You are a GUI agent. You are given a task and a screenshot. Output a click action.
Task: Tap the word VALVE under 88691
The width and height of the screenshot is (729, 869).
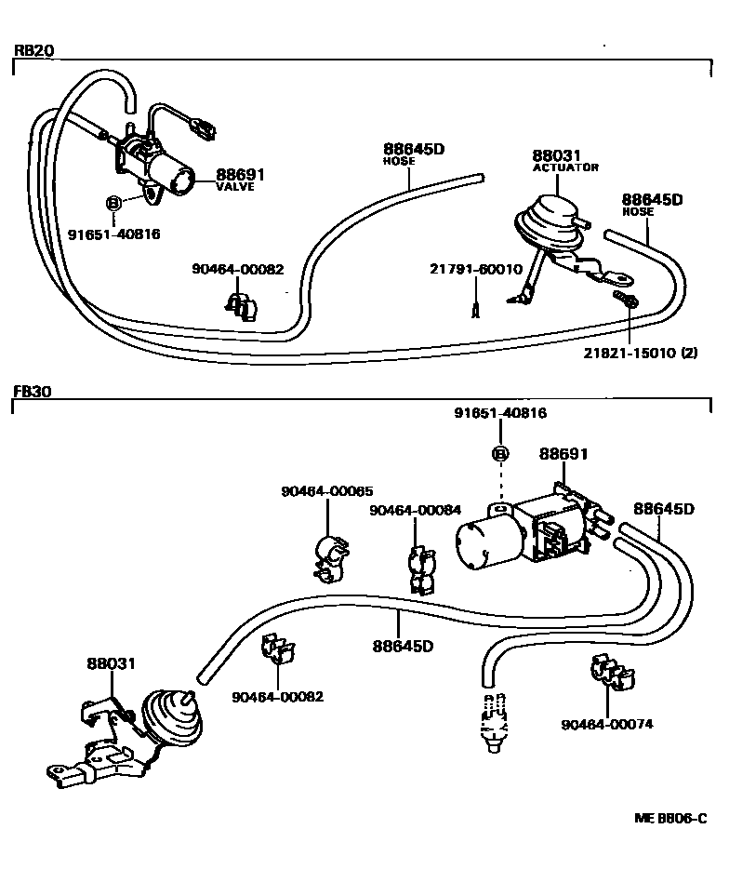click(234, 186)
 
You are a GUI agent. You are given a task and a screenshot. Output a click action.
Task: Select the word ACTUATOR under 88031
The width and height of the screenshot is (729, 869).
click(565, 167)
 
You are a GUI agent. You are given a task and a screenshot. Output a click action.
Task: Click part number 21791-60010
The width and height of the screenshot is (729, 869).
click(475, 269)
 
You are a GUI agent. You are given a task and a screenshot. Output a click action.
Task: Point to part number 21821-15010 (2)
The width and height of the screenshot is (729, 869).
click(641, 352)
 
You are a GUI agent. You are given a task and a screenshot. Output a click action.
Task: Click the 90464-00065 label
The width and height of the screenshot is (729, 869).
click(328, 491)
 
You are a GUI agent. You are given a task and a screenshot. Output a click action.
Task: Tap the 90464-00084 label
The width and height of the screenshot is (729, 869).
click(415, 511)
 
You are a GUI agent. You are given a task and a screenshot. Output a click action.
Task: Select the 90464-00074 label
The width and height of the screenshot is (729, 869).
click(608, 725)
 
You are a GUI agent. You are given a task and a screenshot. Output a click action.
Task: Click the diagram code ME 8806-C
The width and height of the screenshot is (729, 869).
click(677, 820)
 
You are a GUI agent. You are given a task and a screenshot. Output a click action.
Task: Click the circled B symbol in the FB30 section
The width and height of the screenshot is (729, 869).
click(500, 454)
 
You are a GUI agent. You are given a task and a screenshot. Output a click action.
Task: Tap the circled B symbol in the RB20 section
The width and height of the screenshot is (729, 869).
click(113, 203)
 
